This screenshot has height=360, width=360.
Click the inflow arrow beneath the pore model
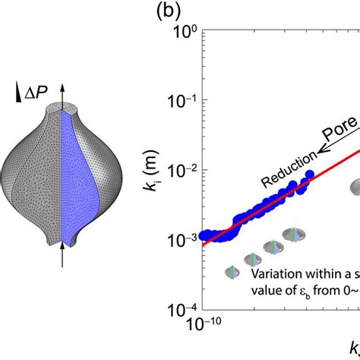point(62,258)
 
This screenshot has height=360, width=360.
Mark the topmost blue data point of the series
point(310,176)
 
